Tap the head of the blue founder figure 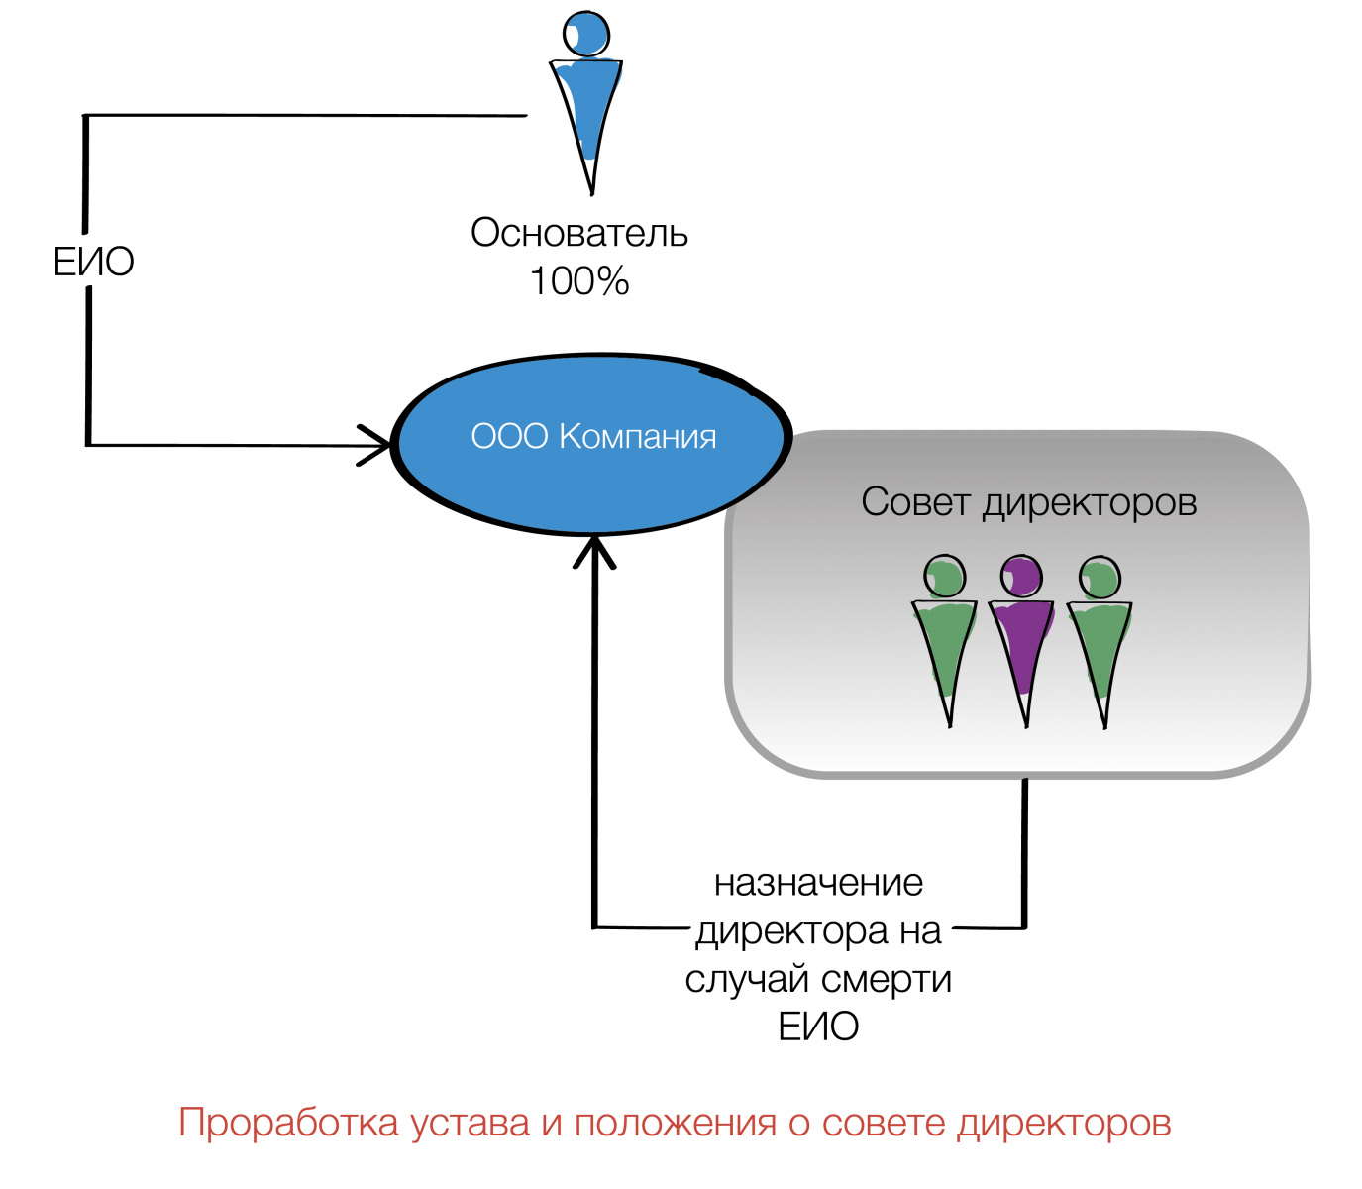click(585, 34)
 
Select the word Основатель click(579, 233)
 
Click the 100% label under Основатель click(579, 281)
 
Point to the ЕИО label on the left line click(93, 262)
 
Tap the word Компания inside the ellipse click(637, 436)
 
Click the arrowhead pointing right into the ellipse click(376, 445)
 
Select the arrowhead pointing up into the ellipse click(594, 550)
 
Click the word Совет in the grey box click(915, 502)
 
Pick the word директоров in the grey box click(1090, 503)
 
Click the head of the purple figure click(1021, 576)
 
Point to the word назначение click(818, 882)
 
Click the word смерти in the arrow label click(887, 979)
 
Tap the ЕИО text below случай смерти click(818, 1027)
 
